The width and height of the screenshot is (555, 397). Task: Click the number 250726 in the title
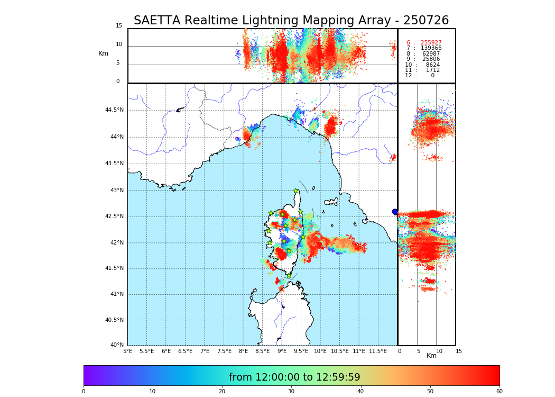pos(425,21)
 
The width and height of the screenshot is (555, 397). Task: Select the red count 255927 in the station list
pos(431,43)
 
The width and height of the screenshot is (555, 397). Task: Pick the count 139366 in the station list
pos(431,48)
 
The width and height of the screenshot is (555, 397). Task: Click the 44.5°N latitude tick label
pos(114,110)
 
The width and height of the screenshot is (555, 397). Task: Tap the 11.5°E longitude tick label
pos(378,351)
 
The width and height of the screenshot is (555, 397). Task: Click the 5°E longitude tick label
pos(128,351)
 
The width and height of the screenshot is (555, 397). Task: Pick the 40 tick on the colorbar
pos(360,392)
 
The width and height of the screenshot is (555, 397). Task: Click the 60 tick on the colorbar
pos(499,392)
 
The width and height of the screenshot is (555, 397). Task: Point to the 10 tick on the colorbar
pos(153,392)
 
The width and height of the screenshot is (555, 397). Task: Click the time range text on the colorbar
pos(294,377)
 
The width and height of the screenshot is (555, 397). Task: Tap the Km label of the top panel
pos(103,53)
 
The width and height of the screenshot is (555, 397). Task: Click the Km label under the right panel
pos(431,356)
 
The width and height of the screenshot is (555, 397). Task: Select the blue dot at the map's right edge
pos(395,212)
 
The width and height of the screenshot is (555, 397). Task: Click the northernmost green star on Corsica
pos(296,191)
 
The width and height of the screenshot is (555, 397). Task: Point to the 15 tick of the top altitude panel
pos(119,26)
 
